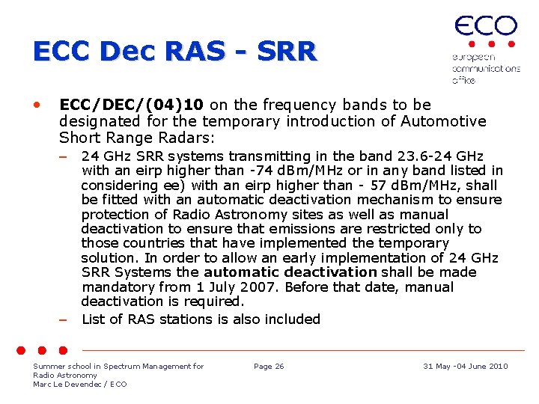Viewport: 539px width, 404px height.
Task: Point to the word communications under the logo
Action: tap(486, 68)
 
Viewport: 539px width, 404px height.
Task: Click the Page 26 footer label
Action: tap(269, 366)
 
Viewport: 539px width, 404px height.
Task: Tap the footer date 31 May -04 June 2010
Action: tap(465, 366)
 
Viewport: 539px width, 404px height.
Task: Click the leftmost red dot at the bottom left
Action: tap(22, 349)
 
